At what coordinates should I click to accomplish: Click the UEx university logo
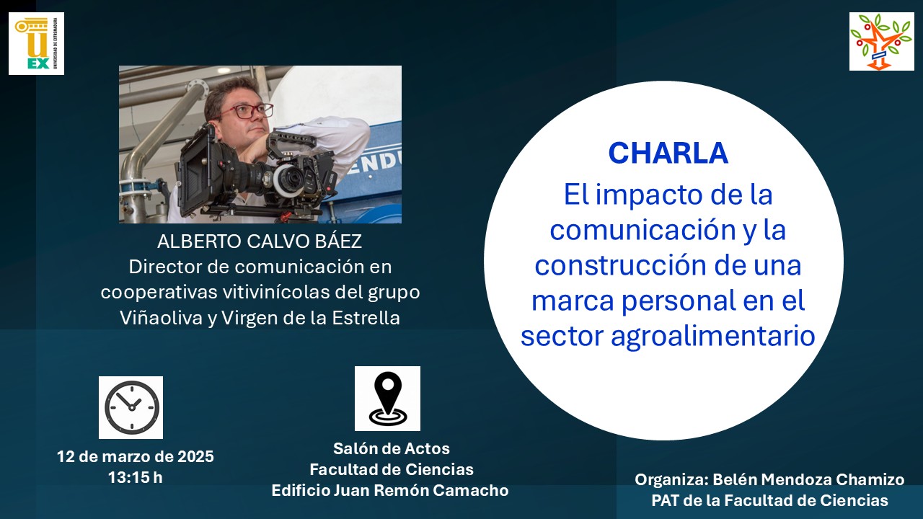pyautogui.click(x=36, y=44)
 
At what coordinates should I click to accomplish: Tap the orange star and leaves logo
pyautogui.click(x=881, y=41)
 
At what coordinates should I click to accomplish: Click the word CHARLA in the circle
pyautogui.click(x=668, y=154)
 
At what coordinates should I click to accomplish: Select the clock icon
pyautogui.click(x=131, y=407)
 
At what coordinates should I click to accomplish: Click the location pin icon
pyautogui.click(x=387, y=399)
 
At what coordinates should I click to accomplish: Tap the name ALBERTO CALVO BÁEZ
pyautogui.click(x=260, y=241)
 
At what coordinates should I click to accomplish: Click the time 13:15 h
pyautogui.click(x=135, y=478)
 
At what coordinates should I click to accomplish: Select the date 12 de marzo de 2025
pyautogui.click(x=135, y=456)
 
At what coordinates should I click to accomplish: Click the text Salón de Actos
pyautogui.click(x=392, y=448)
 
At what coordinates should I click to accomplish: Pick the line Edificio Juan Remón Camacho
pyautogui.click(x=390, y=490)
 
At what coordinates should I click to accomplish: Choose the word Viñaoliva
pyautogui.click(x=162, y=318)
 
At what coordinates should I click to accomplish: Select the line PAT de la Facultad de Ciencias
pyautogui.click(x=769, y=500)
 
